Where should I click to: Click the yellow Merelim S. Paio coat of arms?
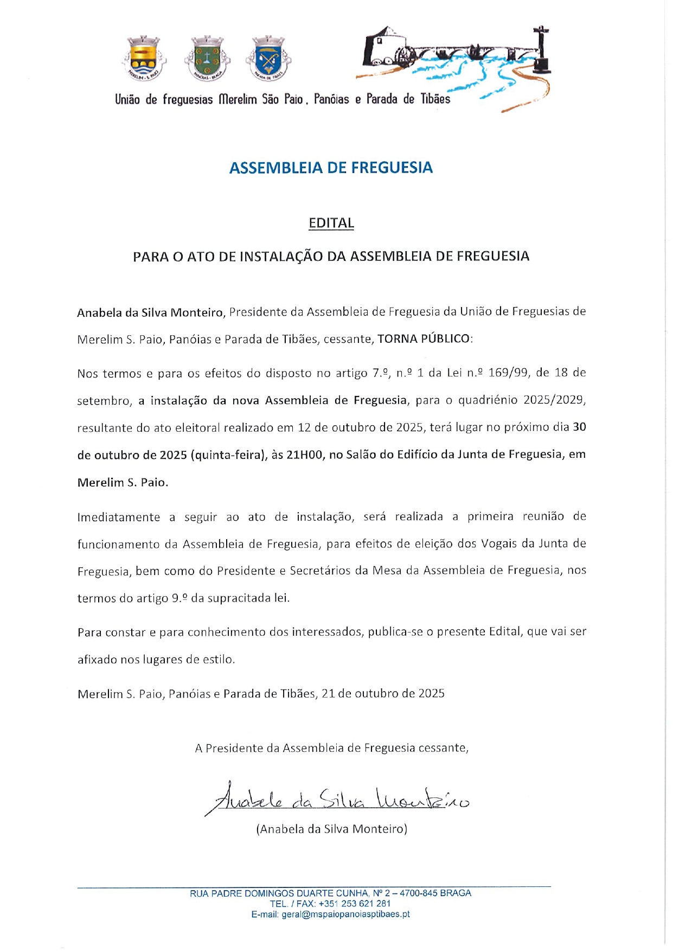[143, 57]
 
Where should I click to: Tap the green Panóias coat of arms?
[207, 57]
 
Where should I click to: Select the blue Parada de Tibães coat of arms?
[268, 57]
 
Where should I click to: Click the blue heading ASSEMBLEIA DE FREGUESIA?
[331, 168]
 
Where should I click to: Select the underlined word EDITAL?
[331, 223]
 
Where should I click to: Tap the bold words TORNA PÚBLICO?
[424, 339]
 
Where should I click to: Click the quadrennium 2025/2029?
[554, 400]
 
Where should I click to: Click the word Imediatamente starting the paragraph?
[118, 517]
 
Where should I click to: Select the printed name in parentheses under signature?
[331, 829]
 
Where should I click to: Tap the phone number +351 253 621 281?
[355, 904]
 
